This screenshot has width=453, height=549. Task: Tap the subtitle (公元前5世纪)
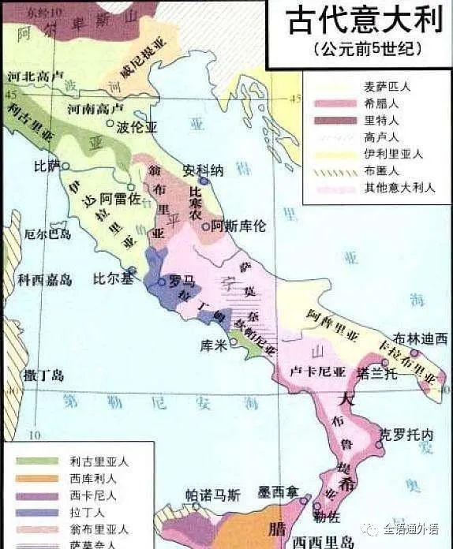click(x=360, y=49)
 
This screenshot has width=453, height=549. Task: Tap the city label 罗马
click(x=183, y=281)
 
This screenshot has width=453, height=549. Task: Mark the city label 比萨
click(x=47, y=166)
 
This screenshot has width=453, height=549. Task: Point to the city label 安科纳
click(x=204, y=170)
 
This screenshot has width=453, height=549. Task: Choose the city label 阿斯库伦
click(x=240, y=226)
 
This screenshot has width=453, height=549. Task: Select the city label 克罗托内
click(x=406, y=435)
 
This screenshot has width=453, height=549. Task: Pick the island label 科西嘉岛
click(x=46, y=279)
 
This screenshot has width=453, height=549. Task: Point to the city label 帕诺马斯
click(x=213, y=495)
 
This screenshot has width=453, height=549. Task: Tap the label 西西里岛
click(x=323, y=542)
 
